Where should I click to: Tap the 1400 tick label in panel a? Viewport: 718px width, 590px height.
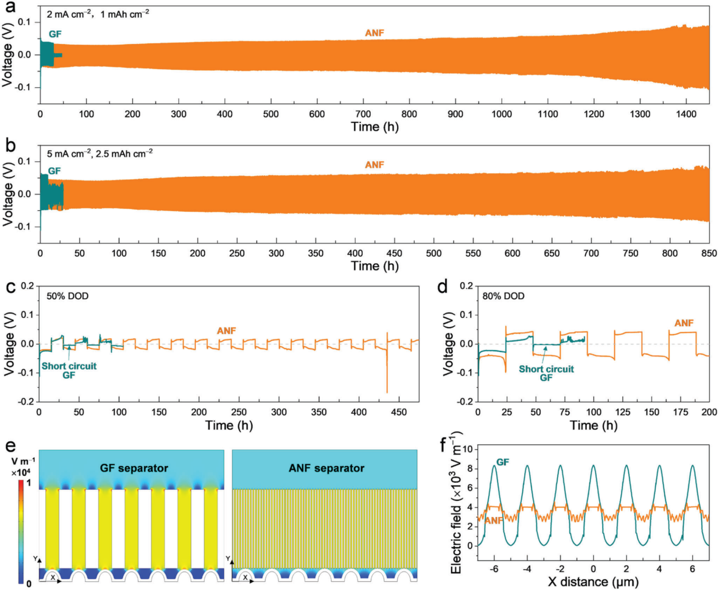[x=686, y=114]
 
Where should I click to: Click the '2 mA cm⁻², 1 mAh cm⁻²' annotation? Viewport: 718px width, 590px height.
[x=98, y=14]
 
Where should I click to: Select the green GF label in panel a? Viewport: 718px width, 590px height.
[x=55, y=34]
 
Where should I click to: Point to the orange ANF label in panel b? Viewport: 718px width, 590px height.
[x=374, y=165]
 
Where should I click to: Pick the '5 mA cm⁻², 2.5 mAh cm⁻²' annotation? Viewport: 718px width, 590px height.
[x=99, y=154]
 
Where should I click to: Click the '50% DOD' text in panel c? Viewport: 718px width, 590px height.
[x=67, y=296]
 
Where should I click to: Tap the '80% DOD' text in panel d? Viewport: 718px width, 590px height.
[x=503, y=296]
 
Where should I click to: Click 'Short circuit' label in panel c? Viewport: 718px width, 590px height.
[x=69, y=366]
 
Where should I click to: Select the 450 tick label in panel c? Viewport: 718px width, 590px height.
[x=399, y=412]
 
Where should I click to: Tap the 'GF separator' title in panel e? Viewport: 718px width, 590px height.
[x=134, y=468]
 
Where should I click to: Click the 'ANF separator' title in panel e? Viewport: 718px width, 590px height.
[x=326, y=468]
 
